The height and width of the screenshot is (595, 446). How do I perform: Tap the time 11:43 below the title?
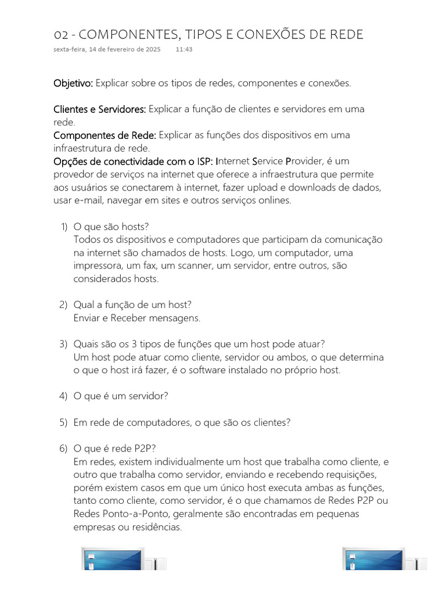tap(184, 50)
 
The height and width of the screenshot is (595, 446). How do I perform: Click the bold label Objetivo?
tap(73, 83)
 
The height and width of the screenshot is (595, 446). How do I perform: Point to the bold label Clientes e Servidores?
tap(100, 109)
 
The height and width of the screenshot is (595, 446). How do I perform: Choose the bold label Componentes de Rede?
tap(105, 135)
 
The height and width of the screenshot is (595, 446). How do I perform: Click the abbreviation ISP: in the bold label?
tap(202, 161)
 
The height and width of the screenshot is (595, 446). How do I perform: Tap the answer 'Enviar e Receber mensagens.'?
tap(136, 318)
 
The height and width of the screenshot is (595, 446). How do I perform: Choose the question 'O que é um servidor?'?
tap(121, 396)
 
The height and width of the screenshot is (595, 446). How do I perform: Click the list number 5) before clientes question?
tap(64, 422)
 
